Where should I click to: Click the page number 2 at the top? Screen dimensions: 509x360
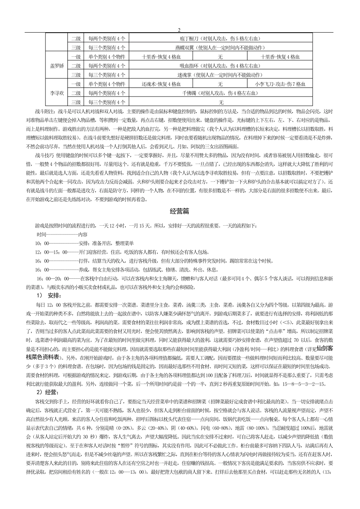pyautogui.click(x=179, y=30)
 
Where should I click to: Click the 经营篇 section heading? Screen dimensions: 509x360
pyautogui.click(x=180, y=211)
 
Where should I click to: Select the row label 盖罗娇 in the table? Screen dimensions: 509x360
pyautogui.click(x=57, y=66)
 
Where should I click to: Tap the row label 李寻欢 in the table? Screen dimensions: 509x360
pyautogui.click(x=57, y=93)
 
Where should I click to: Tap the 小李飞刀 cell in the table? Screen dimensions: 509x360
pyautogui.click(x=280, y=84)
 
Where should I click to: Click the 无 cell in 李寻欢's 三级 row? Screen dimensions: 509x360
pyautogui.click(x=221, y=102)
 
